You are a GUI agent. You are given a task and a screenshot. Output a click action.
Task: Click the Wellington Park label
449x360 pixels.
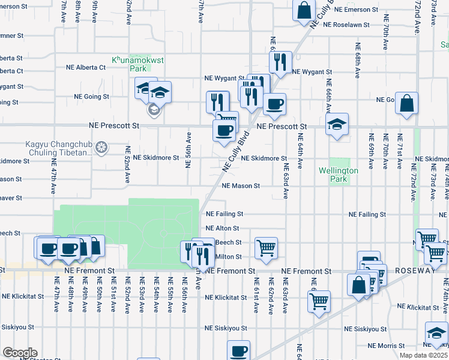pyautogui.click(x=339, y=175)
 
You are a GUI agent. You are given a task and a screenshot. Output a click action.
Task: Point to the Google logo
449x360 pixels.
pyautogui.click(x=20, y=353)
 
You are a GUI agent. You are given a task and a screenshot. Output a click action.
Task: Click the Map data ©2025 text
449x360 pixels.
pyautogui.click(x=424, y=355)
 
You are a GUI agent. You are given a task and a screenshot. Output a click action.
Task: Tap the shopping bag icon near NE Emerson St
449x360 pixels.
pyautogui.click(x=304, y=10)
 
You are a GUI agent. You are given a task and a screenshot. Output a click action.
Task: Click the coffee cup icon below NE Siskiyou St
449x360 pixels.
pyautogui.click(x=238, y=350)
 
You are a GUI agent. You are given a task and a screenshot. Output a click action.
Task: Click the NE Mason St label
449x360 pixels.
pyautogui.click(x=240, y=186)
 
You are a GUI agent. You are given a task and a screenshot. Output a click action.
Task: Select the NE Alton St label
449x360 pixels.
pyautogui.click(x=222, y=229)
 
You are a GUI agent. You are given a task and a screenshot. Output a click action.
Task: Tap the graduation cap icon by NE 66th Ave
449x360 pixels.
pyautogui.click(x=337, y=124)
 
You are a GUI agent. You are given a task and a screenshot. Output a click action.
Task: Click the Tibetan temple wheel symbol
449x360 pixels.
pyautogui.click(x=102, y=147)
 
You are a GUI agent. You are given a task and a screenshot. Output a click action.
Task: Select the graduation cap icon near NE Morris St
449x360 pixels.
pyautogui.click(x=436, y=333)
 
